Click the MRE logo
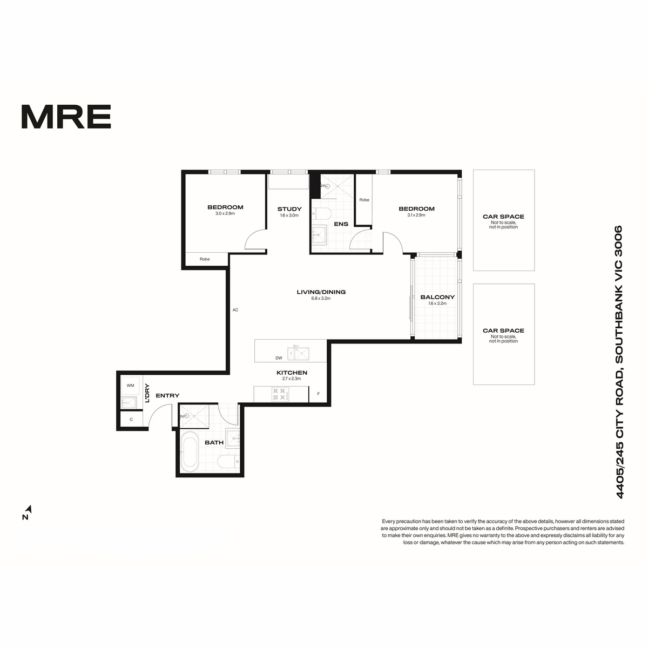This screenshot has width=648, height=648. point(66,116)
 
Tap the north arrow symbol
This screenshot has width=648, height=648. point(29,508)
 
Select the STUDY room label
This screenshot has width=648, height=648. point(289,209)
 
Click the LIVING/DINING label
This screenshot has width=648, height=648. point(321,292)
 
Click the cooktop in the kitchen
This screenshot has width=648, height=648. point(280,394)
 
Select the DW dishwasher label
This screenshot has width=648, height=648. point(279,358)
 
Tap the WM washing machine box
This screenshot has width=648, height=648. point(130,386)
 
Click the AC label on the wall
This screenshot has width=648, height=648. point(235,310)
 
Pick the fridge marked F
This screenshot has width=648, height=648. point(318,394)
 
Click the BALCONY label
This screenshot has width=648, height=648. point(437,297)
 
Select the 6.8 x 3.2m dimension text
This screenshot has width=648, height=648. point(321,298)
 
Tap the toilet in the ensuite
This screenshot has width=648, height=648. point(322,213)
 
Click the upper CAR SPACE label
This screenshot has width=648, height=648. point(503,217)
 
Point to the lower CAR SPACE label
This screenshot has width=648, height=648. point(503,330)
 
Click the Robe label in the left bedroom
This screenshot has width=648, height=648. point(205,259)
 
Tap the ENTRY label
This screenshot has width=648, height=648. point(167,396)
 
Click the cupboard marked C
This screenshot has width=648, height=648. point(131,420)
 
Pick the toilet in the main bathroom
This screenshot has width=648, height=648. point(228,461)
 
